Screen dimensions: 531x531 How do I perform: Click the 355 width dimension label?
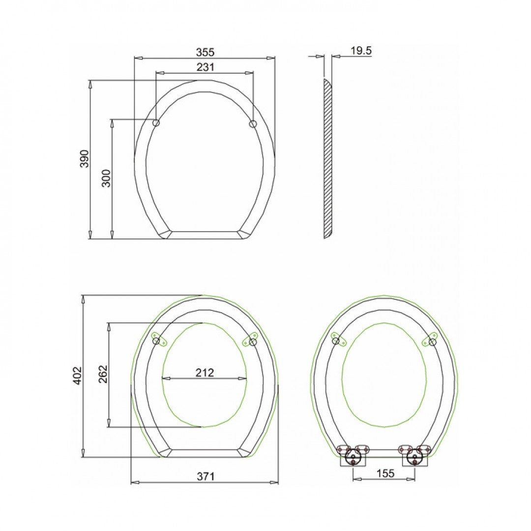(x=205, y=52)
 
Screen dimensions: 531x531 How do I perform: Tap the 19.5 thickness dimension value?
(x=361, y=51)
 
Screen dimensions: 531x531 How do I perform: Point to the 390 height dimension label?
(x=85, y=159)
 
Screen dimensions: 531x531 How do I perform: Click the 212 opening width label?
(x=205, y=372)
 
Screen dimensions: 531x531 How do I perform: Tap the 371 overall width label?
(x=206, y=476)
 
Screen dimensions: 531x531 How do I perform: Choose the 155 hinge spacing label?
(x=385, y=473)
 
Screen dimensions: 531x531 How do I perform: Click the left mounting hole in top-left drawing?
(x=156, y=123)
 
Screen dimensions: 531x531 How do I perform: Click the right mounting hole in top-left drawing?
(x=253, y=123)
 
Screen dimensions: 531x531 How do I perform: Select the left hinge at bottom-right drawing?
(x=353, y=457)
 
